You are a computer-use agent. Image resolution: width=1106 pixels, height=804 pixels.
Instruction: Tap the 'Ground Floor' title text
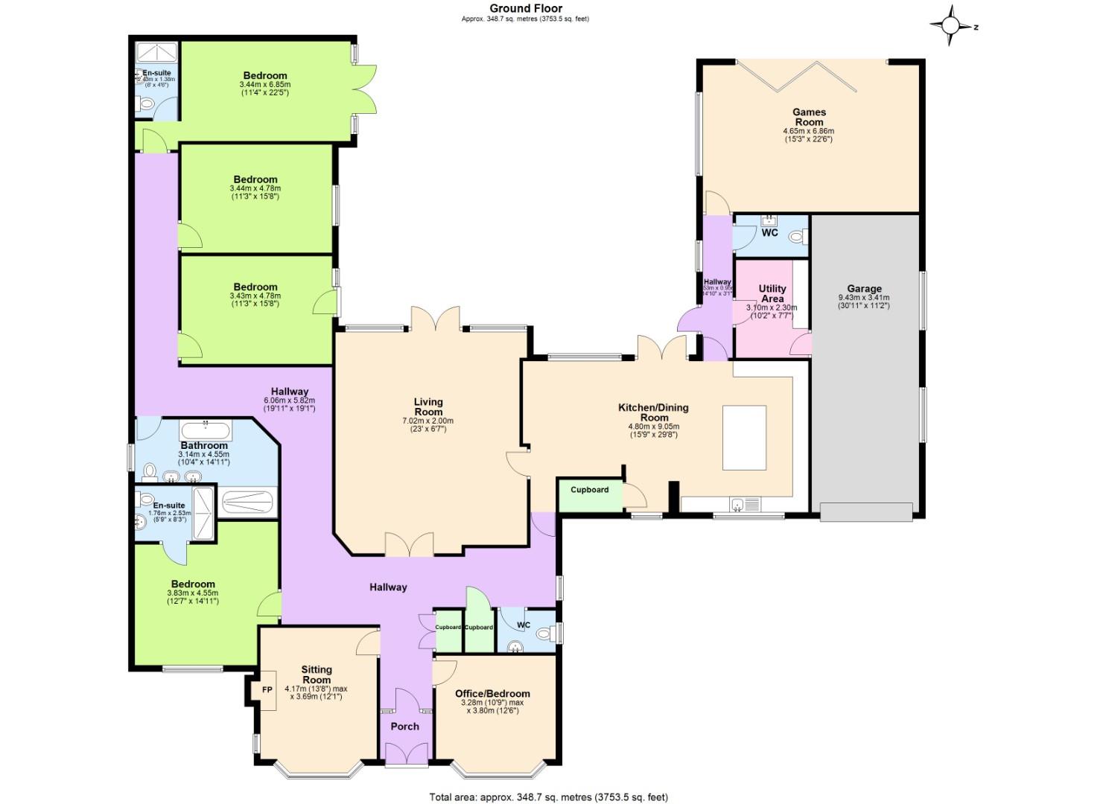point(525,8)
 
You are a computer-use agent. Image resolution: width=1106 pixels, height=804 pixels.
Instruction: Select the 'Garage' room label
point(864,288)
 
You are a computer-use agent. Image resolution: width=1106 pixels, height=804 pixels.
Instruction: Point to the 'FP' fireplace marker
point(267,690)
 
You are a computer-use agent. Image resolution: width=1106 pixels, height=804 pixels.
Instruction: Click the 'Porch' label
point(404,726)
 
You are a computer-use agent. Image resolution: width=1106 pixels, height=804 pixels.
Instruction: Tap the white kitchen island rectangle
point(744,438)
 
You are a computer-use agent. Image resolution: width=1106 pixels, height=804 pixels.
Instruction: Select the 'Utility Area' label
point(772,293)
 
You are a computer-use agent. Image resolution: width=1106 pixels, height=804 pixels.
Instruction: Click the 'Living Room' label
point(428,406)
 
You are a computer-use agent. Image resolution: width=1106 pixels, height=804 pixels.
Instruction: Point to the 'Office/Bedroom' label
point(492,693)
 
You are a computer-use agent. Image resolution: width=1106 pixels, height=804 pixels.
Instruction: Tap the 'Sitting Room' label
point(317,674)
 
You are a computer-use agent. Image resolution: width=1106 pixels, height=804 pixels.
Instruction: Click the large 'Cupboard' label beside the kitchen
point(589,490)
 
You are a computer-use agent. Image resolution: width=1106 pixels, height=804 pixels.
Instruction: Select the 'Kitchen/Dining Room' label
point(653,412)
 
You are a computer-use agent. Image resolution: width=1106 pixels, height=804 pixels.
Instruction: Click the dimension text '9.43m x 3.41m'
point(864,297)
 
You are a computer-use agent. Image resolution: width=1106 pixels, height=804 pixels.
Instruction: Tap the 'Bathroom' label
point(204,445)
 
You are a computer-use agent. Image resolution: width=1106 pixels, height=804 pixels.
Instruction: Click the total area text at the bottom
point(548,797)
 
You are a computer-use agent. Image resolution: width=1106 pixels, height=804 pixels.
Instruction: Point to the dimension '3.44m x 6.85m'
point(260,85)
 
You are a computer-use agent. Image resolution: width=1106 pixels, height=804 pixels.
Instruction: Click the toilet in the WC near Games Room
point(796,237)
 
